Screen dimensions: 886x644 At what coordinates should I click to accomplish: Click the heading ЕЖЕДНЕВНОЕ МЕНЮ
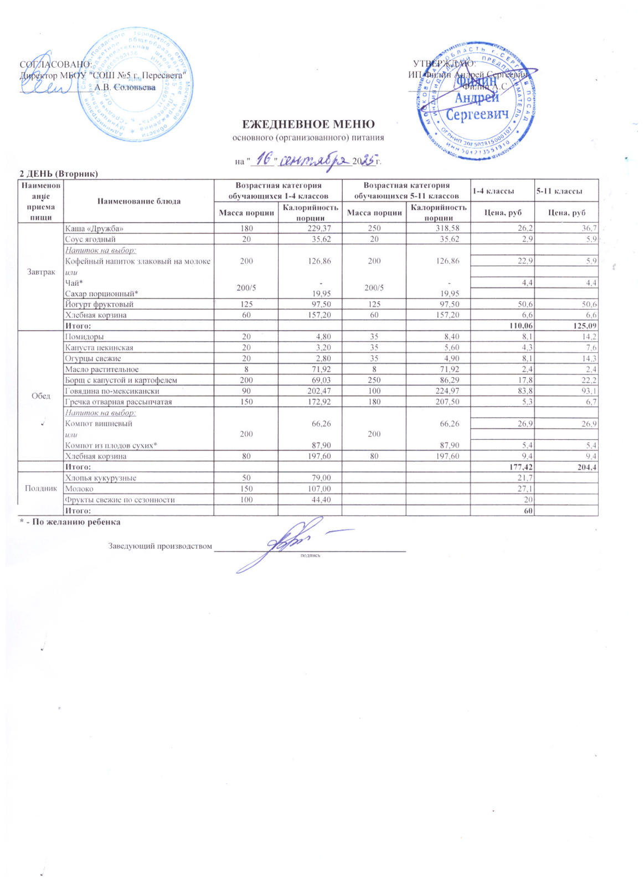308,125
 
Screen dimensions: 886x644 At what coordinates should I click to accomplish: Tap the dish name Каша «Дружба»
94,228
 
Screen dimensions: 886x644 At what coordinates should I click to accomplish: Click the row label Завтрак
41,272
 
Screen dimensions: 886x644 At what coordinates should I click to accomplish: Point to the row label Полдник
41,488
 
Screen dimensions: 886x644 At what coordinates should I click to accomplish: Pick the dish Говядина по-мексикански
112,391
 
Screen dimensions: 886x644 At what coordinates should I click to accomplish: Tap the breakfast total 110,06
521,326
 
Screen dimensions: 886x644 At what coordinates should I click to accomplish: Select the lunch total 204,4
586,467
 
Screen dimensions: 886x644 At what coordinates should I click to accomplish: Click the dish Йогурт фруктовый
99,304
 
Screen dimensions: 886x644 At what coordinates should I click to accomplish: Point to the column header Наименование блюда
139,201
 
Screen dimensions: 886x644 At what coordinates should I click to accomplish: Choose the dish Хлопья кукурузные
101,478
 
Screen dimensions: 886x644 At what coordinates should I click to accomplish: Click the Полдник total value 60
529,511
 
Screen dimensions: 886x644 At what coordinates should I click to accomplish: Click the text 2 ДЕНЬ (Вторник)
59,174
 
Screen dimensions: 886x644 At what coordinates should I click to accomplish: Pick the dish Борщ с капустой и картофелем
121,380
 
